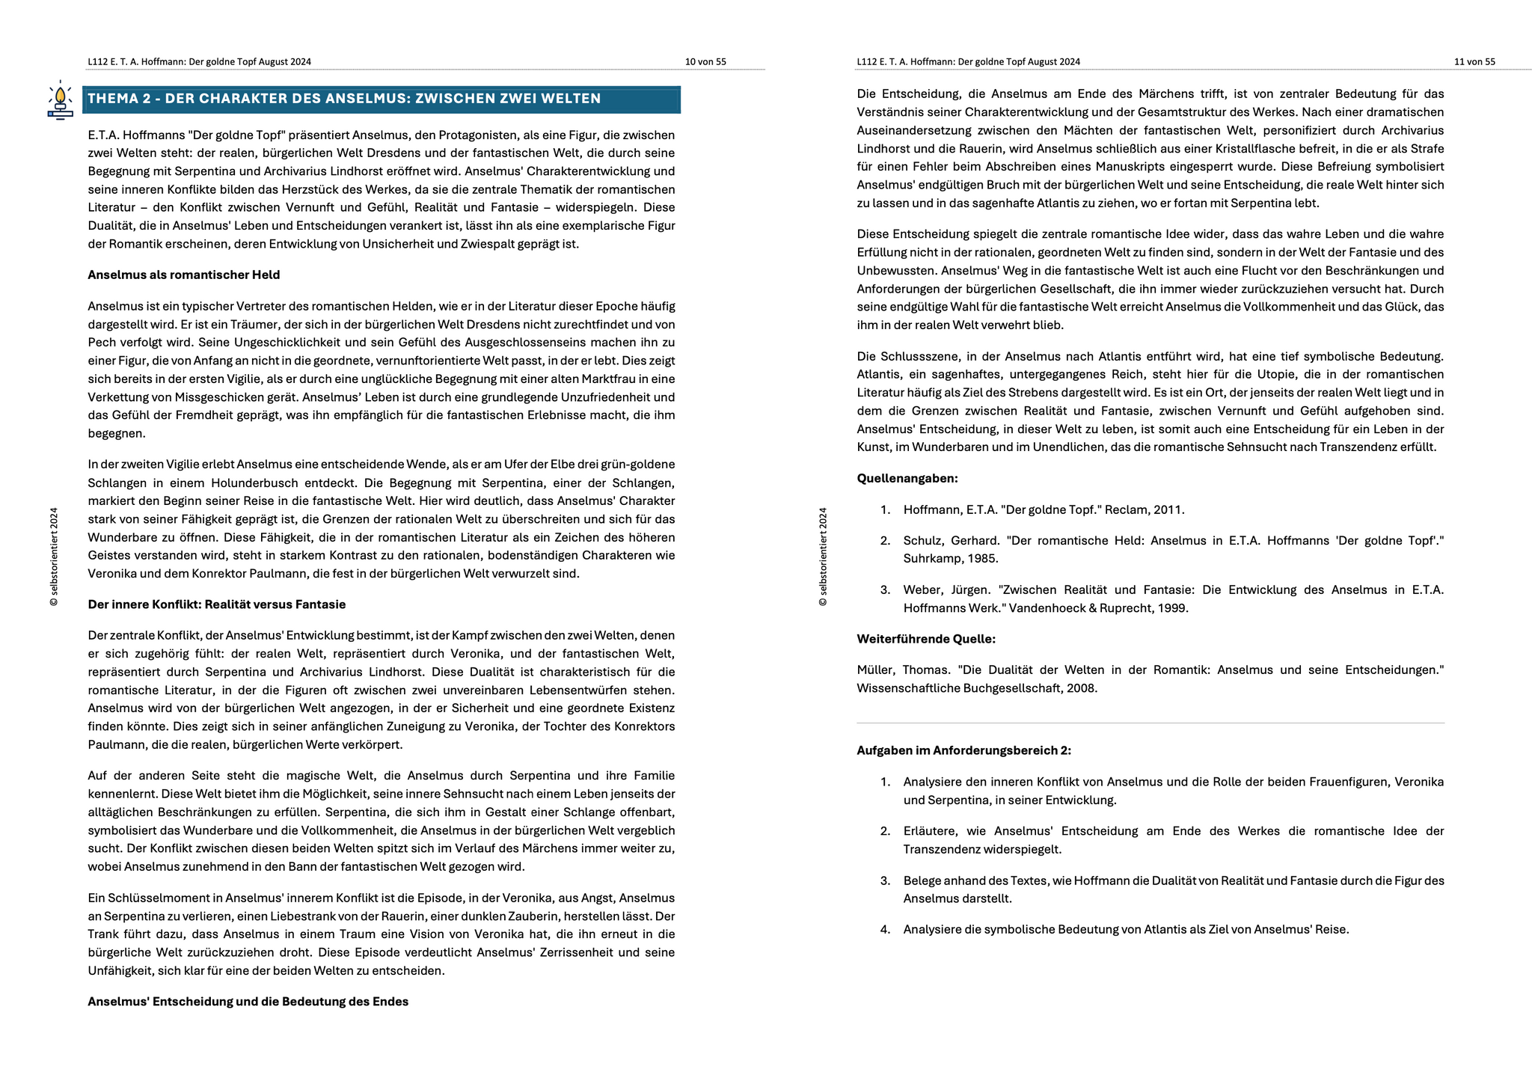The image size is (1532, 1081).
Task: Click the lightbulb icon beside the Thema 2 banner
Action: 60,99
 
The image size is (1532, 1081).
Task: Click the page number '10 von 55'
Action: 705,62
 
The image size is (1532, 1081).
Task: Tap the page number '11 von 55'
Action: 1474,62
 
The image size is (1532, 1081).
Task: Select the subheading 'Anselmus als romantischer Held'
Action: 183,275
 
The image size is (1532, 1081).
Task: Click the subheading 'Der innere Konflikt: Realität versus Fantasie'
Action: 216,604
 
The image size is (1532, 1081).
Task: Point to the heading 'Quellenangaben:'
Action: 907,478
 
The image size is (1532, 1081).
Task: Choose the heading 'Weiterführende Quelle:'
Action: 925,639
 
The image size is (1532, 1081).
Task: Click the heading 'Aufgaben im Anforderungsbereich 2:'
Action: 963,750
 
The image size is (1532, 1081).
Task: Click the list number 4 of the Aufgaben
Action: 885,929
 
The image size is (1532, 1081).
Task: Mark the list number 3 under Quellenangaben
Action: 885,590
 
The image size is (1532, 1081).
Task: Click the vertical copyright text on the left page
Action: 54,557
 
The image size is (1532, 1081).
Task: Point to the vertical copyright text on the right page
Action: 823,557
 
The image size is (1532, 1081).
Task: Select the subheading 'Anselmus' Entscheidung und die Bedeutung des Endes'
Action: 248,1001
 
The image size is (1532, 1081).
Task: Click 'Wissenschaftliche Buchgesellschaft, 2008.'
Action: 977,688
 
